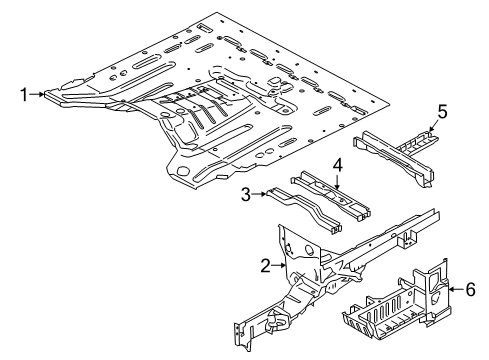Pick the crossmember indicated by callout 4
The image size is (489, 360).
click(x=330, y=195)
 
